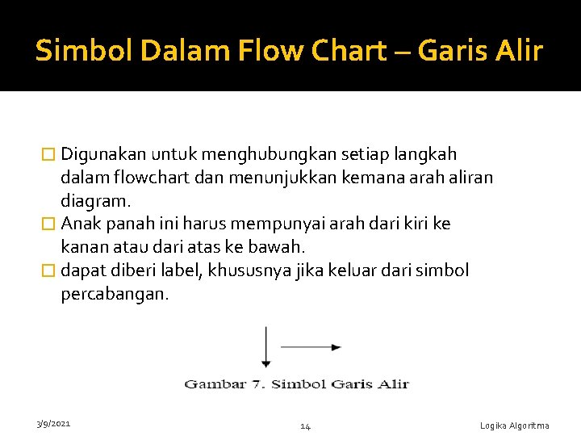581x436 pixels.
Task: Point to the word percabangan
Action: pyautogui.click(x=114, y=294)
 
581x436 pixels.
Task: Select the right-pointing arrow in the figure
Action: pyautogui.click(x=311, y=347)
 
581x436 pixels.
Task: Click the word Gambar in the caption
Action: pyautogui.click(x=216, y=384)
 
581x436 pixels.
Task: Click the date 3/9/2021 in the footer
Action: pyautogui.click(x=53, y=423)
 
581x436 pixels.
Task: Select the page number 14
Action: pyautogui.click(x=305, y=426)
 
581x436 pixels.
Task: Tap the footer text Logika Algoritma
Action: pyautogui.click(x=514, y=426)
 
